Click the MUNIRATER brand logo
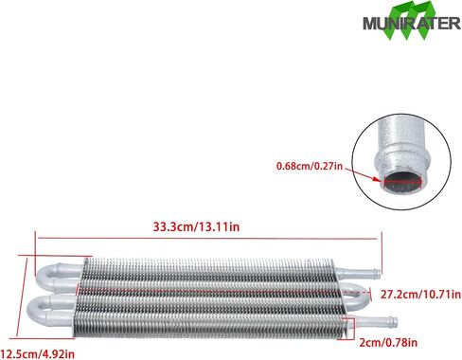412,21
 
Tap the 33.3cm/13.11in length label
196,226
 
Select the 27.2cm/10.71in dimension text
420,295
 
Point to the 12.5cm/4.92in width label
38,354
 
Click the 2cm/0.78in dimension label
388,343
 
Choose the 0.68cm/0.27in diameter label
310,166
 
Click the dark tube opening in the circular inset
403,183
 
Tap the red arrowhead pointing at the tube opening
380,180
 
